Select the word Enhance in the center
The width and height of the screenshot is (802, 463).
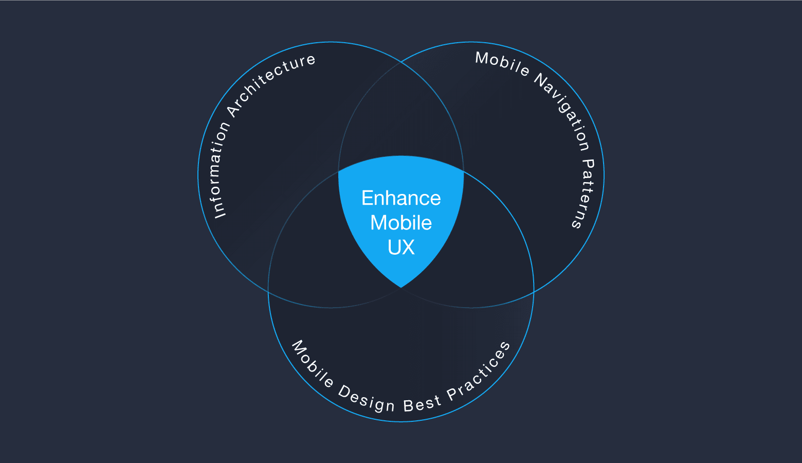(401, 198)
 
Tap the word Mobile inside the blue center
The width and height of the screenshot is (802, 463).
(401, 223)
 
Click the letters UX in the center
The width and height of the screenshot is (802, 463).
(401, 247)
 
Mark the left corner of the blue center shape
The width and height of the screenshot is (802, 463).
(339, 171)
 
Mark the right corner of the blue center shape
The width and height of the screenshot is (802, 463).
(463, 171)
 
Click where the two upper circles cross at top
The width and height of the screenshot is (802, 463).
(401, 62)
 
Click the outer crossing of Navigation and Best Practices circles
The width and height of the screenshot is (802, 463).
(534, 292)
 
